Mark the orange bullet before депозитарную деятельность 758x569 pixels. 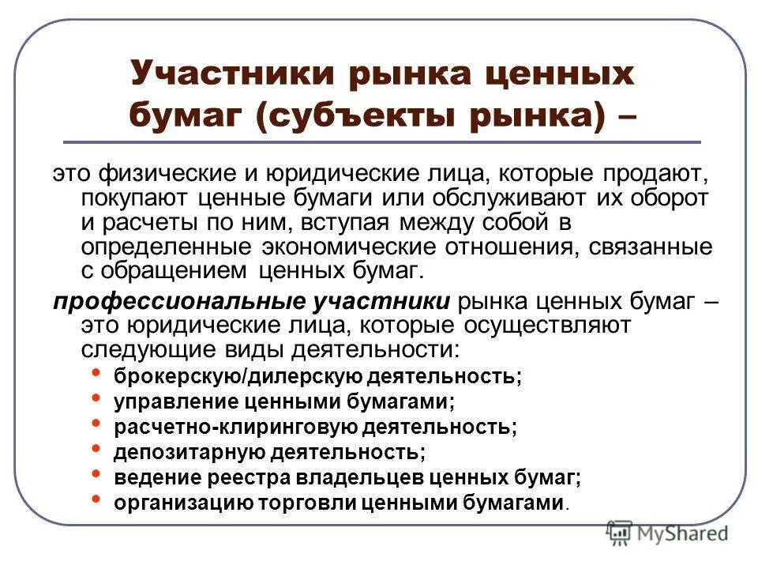pyautogui.click(x=96, y=449)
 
